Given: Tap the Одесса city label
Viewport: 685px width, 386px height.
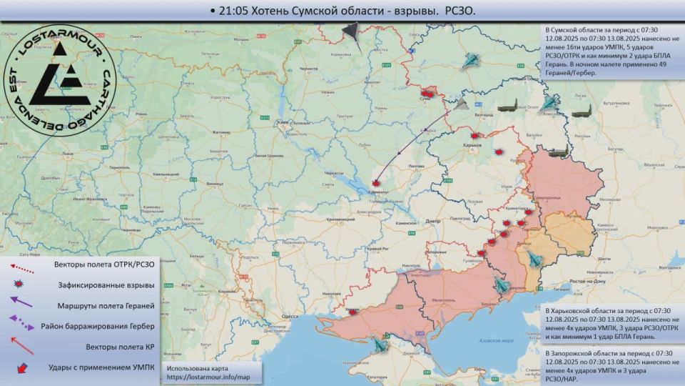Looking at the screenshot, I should [x=290, y=315].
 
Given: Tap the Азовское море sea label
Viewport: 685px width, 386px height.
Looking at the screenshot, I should [x=498, y=341].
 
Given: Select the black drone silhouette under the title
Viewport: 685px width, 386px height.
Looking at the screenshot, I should [x=351, y=30].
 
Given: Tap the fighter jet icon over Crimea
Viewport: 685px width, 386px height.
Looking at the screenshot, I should [x=378, y=345].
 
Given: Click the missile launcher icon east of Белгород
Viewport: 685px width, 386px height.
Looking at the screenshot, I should [x=507, y=105].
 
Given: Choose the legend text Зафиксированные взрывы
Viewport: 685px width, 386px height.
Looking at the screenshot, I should [x=106, y=285].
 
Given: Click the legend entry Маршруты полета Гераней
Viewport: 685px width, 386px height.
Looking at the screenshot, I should [x=105, y=306].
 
